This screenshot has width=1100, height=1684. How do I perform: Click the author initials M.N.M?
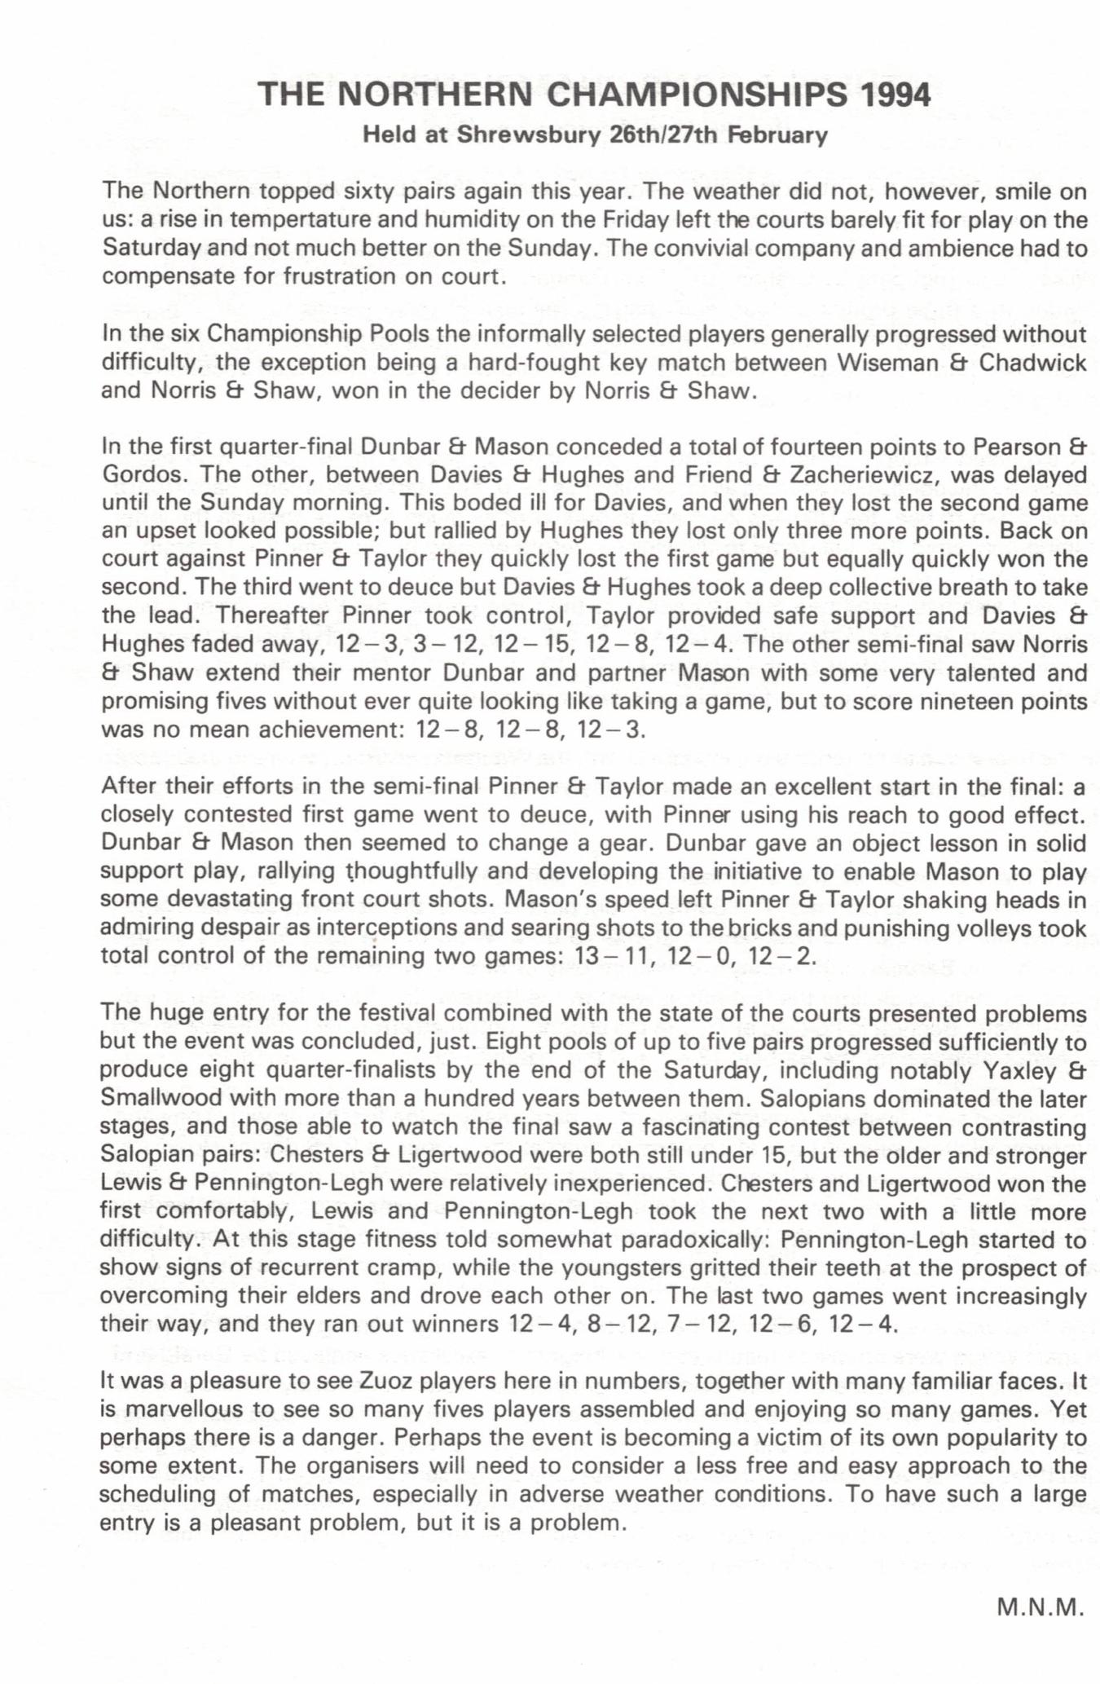tap(1041, 1607)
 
